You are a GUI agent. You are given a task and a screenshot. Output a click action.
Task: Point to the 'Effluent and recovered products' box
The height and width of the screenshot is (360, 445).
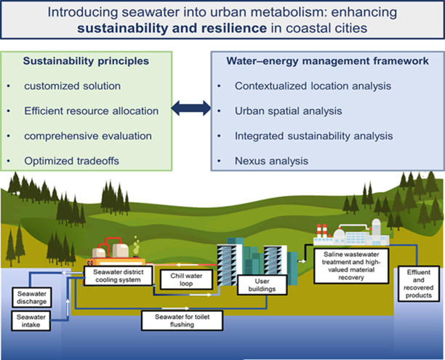414,284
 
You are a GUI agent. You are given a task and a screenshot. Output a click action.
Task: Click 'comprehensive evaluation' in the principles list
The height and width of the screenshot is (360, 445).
87,135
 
